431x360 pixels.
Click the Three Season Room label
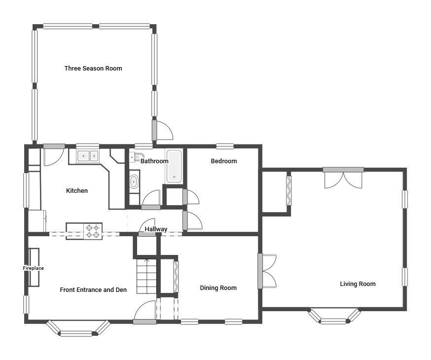(93, 69)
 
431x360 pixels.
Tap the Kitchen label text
(77, 191)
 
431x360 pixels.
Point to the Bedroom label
(224, 161)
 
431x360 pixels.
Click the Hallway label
(156, 229)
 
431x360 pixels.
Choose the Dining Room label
(218, 288)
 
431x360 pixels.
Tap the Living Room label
(358, 284)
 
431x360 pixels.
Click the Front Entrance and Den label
(93, 290)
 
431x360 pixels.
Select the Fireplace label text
(34, 268)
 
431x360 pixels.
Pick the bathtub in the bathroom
(174, 166)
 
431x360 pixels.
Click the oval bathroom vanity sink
(134, 182)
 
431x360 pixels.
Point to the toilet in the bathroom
(133, 158)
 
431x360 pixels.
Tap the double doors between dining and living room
(267, 271)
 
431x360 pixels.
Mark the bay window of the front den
(77, 328)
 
